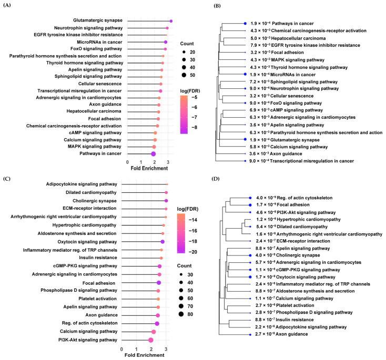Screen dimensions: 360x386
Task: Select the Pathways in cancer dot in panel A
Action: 153,153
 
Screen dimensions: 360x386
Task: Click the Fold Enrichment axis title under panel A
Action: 147,169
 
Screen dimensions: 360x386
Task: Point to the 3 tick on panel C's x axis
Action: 166,348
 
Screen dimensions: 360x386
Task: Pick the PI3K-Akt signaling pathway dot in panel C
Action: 151,340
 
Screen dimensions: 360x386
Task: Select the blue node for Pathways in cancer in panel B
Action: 245,24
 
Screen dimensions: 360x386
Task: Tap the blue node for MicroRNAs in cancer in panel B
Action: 245,75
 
